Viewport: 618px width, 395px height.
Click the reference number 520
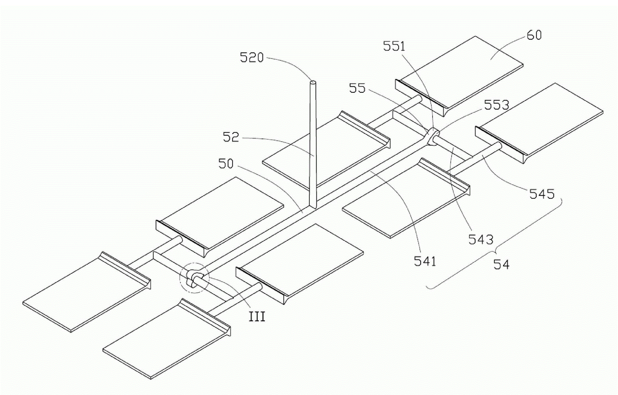pos(251,58)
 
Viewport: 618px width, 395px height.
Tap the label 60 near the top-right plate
pos(534,35)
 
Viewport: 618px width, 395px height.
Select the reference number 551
pos(394,46)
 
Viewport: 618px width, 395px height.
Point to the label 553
pos(496,105)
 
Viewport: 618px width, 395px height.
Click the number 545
pos(542,194)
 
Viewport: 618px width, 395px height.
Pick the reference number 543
pos(481,239)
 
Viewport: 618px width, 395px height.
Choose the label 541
pos(425,261)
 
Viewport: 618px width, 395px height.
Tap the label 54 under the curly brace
pos(501,264)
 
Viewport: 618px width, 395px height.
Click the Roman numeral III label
pos(257,316)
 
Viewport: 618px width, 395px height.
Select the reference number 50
pos(226,163)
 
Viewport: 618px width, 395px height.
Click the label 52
pos(231,137)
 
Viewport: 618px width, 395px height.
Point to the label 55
pos(357,88)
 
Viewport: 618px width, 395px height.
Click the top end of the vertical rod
pos(313,82)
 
